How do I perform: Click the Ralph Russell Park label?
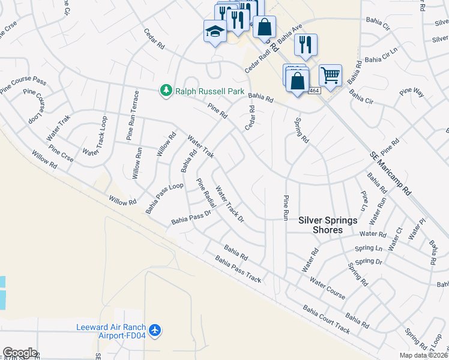[x=209, y=92]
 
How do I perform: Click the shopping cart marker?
[x=330, y=75]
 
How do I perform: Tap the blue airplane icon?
[x=155, y=330]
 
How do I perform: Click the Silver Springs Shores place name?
[x=328, y=225]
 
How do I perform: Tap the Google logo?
[x=20, y=352]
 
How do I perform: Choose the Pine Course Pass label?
[x=23, y=86]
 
